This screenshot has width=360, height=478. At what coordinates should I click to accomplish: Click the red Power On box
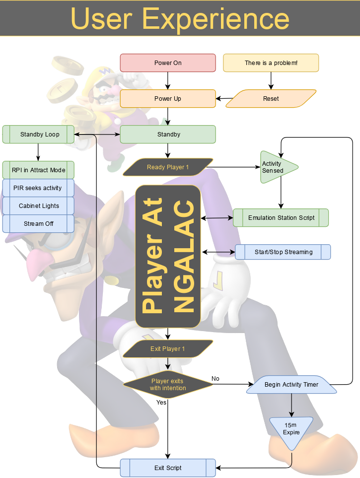point(168,63)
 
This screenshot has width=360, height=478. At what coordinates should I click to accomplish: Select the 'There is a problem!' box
point(271,63)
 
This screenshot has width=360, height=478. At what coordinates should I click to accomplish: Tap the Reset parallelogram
point(271,99)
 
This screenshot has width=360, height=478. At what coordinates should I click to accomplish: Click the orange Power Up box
point(168,99)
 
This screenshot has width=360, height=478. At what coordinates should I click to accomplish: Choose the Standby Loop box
point(39,135)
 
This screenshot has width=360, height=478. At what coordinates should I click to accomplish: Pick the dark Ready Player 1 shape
point(168,167)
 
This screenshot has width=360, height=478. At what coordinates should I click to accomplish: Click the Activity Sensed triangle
point(276,167)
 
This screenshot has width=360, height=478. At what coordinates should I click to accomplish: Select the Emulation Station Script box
point(281,218)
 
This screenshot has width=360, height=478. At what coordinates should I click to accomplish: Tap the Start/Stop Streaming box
point(283,252)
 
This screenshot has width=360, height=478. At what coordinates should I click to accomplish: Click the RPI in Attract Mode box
point(38,170)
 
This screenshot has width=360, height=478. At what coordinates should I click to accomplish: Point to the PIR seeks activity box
point(38,188)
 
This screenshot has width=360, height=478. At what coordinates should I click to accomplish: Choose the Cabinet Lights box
point(38,206)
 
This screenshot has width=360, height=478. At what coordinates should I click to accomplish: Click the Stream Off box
point(38,224)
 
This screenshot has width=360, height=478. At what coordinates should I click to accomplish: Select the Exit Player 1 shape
point(168,349)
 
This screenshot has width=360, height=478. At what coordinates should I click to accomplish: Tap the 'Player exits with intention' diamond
point(168,385)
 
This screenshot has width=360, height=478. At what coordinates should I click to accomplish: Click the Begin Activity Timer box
point(291,385)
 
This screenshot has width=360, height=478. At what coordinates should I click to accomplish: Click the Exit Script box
point(168,468)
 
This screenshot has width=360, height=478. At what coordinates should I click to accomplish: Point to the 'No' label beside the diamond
point(215,379)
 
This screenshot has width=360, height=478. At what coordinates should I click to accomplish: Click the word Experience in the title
point(216,18)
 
